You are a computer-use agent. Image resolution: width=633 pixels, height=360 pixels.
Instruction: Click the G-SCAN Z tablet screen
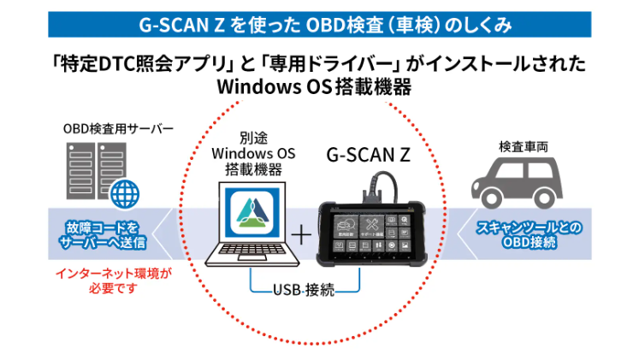372,229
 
